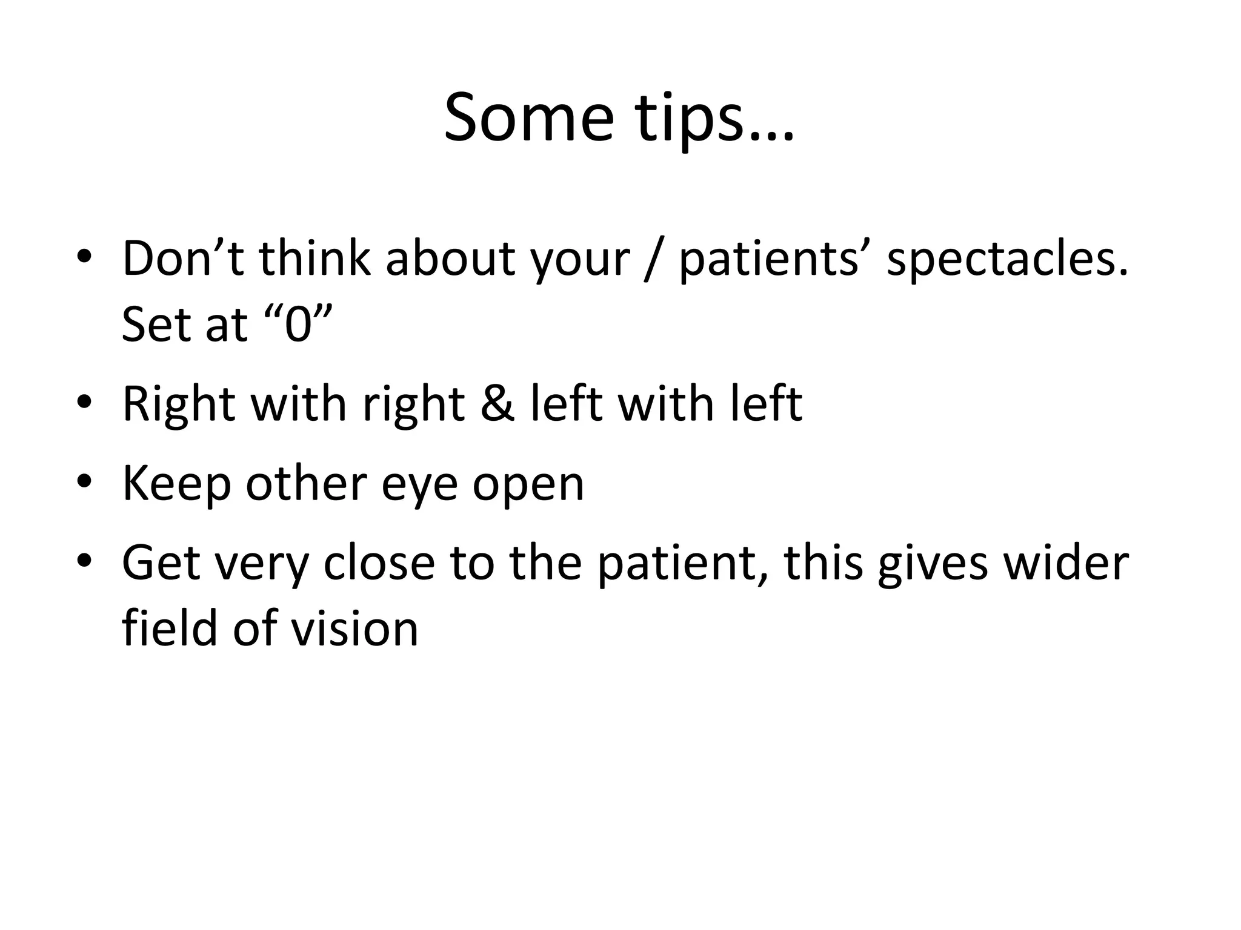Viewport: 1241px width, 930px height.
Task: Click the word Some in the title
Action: point(528,117)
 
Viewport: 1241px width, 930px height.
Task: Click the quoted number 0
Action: point(298,325)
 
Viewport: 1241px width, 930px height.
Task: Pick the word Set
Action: point(156,325)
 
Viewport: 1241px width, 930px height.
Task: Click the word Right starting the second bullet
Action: point(178,404)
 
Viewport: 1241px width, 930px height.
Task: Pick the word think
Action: point(314,259)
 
